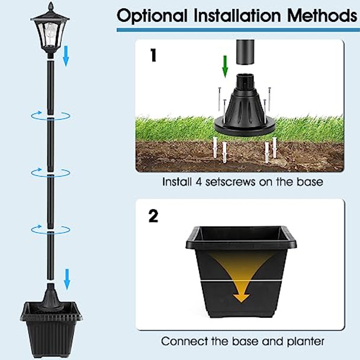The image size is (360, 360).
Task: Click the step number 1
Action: (x=153, y=56)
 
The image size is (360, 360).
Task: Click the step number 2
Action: (x=153, y=216)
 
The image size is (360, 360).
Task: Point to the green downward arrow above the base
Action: (x=225, y=66)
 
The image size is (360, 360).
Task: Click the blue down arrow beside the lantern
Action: (x=66, y=58)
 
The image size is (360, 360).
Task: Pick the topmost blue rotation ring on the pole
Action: (x=52, y=115)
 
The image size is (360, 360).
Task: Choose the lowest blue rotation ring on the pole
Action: (x=52, y=228)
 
